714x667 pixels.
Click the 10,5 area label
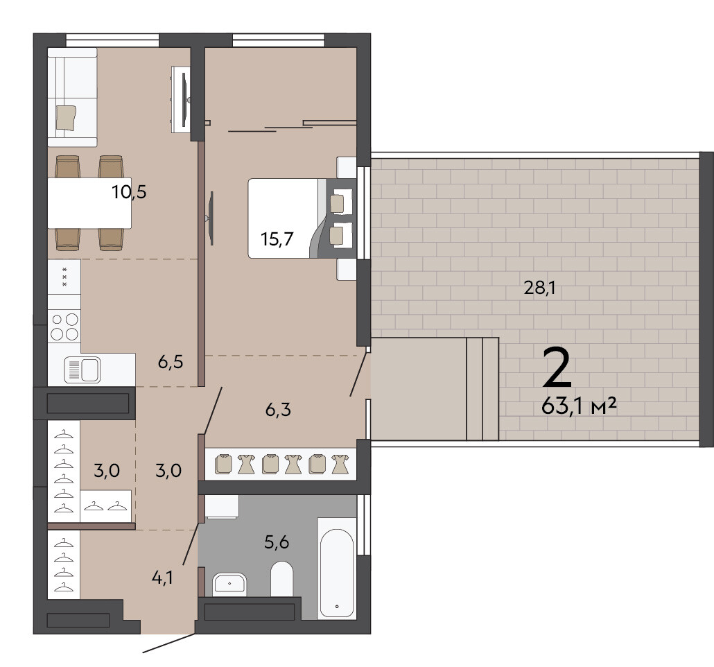click(130, 192)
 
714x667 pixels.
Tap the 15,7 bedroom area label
click(277, 239)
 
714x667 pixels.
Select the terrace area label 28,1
click(539, 288)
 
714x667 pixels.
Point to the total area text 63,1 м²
click(579, 405)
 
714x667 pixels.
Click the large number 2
click(557, 367)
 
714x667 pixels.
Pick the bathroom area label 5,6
click(277, 542)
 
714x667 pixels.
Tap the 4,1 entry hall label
click(162, 578)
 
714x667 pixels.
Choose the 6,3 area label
click(278, 410)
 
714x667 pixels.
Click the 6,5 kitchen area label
click(171, 362)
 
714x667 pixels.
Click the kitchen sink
click(82, 369)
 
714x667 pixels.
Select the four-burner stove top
click(64, 326)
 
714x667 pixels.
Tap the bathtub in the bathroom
click(336, 568)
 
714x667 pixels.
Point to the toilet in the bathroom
click(282, 579)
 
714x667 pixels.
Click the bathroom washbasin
click(229, 584)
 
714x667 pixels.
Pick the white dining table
click(89, 202)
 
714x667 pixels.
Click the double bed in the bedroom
click(302, 218)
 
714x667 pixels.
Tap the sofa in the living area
click(72, 97)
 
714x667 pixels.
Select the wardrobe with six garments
click(281, 465)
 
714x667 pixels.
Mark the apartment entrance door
click(169, 643)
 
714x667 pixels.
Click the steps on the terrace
click(482, 389)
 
